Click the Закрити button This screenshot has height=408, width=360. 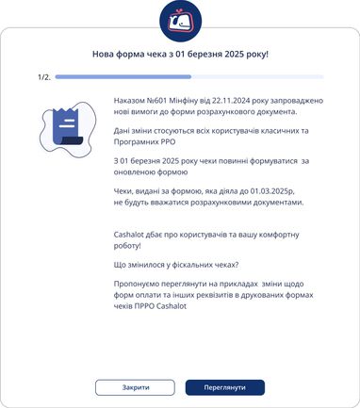pyautogui.click(x=135, y=387)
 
